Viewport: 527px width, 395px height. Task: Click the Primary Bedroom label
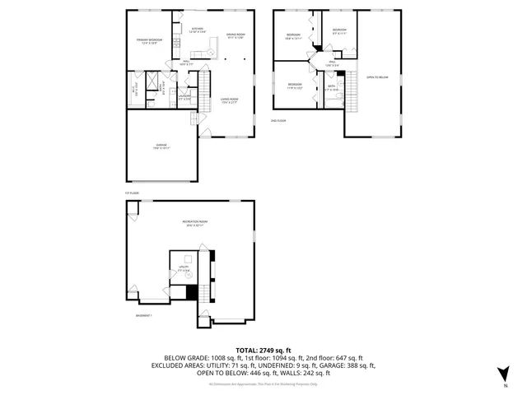148,41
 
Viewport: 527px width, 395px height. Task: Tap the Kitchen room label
197,30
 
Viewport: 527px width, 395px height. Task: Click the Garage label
161,147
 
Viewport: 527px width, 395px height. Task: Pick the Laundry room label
185,98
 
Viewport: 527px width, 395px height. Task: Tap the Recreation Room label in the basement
194,224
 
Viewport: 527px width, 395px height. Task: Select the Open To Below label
377,78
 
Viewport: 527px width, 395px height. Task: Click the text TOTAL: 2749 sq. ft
263,349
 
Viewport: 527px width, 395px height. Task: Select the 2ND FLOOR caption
278,120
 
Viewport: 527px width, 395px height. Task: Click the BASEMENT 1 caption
145,315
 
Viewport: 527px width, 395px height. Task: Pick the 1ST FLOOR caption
133,193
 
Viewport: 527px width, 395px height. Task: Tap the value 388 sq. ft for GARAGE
360,365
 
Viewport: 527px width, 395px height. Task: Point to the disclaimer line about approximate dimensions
263,383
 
